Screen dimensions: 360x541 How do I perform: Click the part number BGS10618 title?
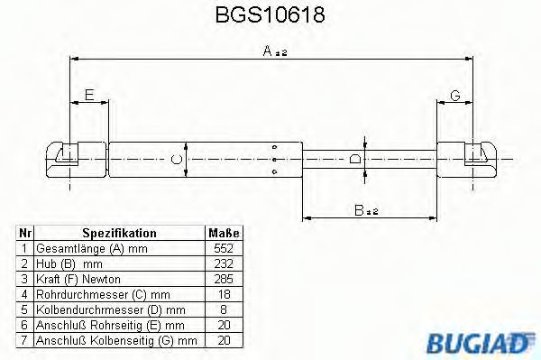(270, 15)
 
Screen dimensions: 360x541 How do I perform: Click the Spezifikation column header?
(119, 233)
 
